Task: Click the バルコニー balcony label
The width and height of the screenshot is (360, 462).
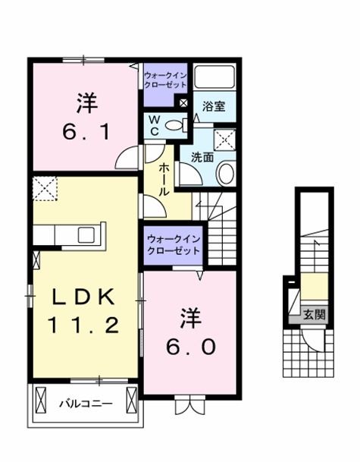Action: (x=86, y=404)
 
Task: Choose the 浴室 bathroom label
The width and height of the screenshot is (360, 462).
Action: (x=214, y=107)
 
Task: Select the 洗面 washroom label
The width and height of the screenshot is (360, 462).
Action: (x=201, y=159)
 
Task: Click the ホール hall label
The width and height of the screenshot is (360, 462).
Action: (x=162, y=180)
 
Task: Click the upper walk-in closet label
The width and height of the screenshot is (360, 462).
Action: (x=164, y=80)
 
